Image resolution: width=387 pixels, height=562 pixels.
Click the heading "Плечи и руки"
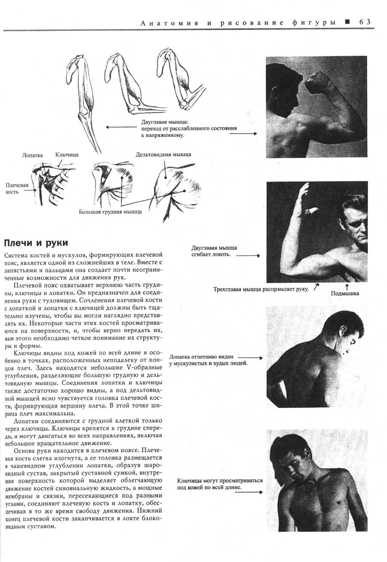point(35,243)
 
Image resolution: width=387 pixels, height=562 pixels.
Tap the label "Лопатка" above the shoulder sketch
point(32,155)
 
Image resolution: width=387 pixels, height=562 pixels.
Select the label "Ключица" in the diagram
point(67,154)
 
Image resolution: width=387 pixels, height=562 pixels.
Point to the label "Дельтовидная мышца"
point(163,154)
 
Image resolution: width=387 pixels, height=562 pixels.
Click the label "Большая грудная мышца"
point(110,212)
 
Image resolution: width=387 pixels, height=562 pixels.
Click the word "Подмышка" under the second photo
point(345,293)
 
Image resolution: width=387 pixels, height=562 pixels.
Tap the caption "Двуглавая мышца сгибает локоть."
point(214,251)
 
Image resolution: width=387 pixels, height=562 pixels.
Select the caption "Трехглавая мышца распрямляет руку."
point(261,289)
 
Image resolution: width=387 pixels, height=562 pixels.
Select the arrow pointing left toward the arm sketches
point(121,127)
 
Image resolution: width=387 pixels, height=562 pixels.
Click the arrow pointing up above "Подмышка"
point(346,286)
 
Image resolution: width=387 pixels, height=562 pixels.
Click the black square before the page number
point(347,22)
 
